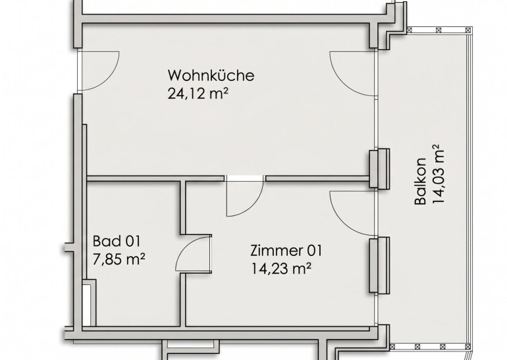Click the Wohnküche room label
click(211, 75)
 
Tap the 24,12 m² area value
click(198, 93)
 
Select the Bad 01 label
click(117, 241)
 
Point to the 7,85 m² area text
click(119, 259)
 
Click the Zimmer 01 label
click(286, 251)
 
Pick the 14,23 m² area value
click(281, 269)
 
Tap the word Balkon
click(420, 181)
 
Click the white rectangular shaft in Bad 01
click(86, 305)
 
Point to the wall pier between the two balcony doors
click(379, 168)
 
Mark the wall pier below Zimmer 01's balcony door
click(379, 265)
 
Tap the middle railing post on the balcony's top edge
click(439, 30)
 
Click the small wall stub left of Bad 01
click(68, 248)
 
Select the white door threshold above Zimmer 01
click(245, 178)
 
